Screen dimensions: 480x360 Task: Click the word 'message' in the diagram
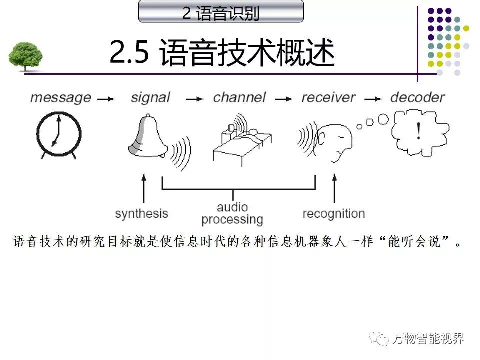pos(60,98)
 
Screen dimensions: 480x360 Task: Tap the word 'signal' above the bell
pos(151,98)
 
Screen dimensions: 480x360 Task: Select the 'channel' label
pos(240,98)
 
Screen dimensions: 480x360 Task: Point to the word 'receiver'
pos(328,98)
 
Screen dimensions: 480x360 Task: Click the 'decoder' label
pos(417,98)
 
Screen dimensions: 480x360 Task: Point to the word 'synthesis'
pos(141,214)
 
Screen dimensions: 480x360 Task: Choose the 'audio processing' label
pos(232,213)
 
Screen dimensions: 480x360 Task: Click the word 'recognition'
pos(333,214)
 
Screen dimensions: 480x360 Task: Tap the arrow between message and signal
pos(106,99)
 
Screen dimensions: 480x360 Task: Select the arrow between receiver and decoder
pos(374,99)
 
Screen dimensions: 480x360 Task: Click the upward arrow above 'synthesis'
pos(144,189)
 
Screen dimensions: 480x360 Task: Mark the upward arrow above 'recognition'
pos(334,189)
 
